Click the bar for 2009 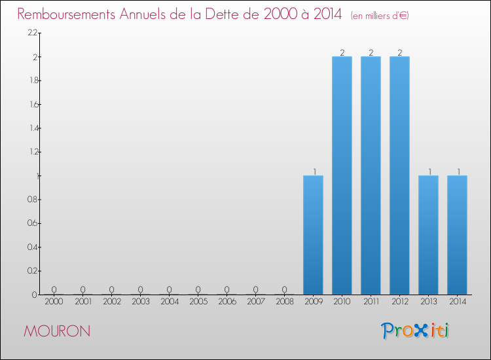313,235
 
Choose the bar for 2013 428,235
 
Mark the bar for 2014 457,235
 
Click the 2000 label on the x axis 54,302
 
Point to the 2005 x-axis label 198,302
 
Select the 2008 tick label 284,302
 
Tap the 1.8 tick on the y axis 33,81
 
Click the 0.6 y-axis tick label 33,223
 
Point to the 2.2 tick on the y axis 33,33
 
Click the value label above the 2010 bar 342,52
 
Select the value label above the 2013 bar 428,171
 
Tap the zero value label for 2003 140,289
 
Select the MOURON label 57,331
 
